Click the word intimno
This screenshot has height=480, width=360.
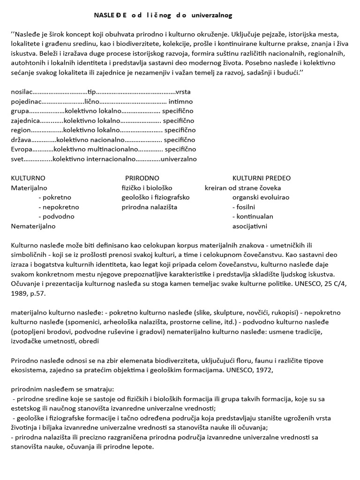(x=181, y=101)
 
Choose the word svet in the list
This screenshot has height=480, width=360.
(x=18, y=159)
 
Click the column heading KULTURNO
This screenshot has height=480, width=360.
(x=28, y=178)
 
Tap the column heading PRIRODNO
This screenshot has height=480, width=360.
(x=142, y=178)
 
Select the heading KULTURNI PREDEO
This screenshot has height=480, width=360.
(x=262, y=178)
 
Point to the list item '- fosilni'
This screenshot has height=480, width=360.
(x=244, y=207)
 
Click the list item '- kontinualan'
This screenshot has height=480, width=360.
(x=253, y=217)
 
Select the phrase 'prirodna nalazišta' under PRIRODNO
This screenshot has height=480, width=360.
(x=150, y=207)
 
